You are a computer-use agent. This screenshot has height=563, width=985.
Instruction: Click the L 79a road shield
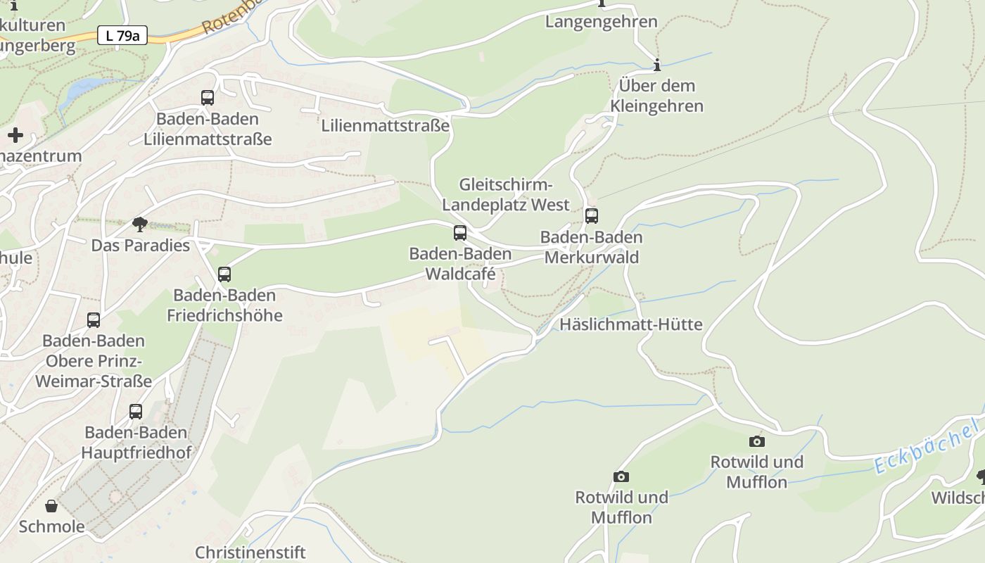[122, 35]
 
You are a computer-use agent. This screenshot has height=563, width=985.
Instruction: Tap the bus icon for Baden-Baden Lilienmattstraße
[208, 98]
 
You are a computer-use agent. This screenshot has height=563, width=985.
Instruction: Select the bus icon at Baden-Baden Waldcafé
[460, 233]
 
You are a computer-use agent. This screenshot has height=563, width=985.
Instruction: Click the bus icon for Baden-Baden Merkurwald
[592, 216]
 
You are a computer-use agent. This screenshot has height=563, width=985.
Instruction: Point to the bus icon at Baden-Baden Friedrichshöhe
[224, 274]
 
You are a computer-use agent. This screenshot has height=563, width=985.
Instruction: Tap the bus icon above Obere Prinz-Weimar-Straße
[94, 320]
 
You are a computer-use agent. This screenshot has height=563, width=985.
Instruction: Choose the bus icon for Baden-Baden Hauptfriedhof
[136, 412]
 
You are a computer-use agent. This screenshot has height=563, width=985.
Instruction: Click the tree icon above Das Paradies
[140, 224]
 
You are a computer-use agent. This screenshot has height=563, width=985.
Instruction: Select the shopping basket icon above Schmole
[51, 506]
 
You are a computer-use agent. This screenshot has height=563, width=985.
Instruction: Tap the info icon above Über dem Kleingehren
[657, 65]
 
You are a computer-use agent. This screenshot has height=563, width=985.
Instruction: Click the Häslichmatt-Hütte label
[630, 324]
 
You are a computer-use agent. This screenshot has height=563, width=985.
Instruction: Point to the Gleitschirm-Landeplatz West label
[506, 195]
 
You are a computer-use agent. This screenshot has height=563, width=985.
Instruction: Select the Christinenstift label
[250, 552]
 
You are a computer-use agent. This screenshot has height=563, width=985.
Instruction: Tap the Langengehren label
[602, 21]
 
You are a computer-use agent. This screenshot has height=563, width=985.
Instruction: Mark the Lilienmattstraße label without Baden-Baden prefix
[385, 126]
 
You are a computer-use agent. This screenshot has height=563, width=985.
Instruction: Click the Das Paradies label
[141, 246]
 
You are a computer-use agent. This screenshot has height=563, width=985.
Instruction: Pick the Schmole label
[51, 526]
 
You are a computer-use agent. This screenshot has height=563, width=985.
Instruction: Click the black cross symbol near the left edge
[15, 135]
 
